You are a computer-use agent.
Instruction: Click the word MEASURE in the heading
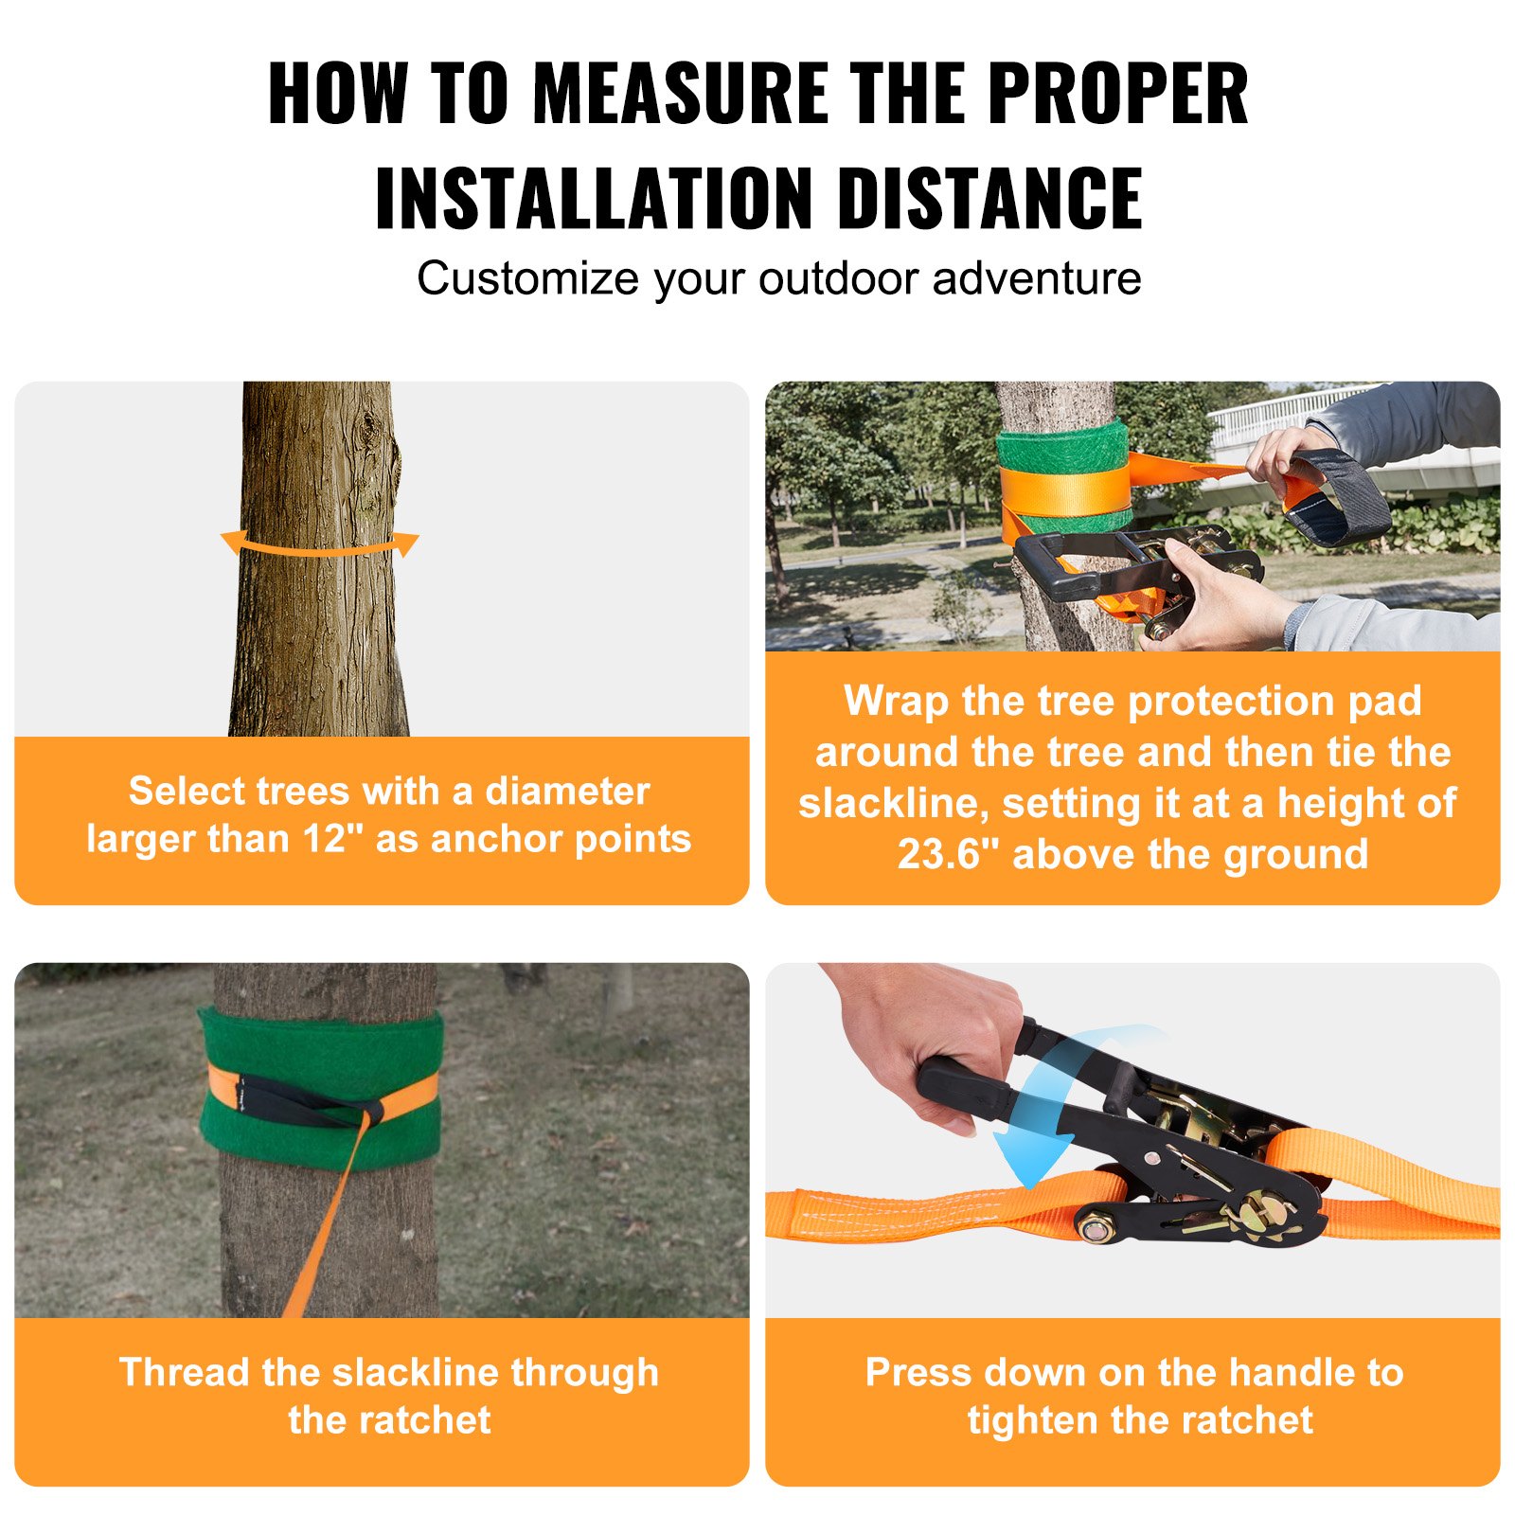pyautogui.click(x=680, y=94)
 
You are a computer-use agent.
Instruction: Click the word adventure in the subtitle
pyautogui.click(x=1036, y=278)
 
